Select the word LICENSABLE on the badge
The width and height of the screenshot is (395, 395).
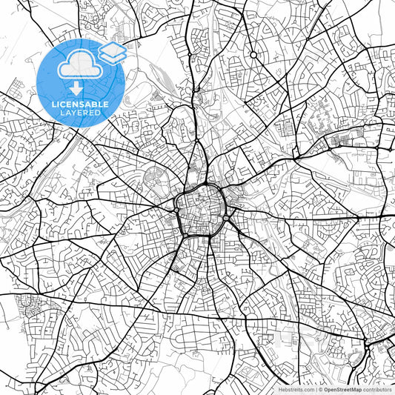pyautogui.click(x=81, y=104)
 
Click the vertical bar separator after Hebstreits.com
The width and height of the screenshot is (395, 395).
pyautogui.click(x=316, y=388)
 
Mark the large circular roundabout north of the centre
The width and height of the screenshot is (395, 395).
pyautogui.click(x=253, y=55)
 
